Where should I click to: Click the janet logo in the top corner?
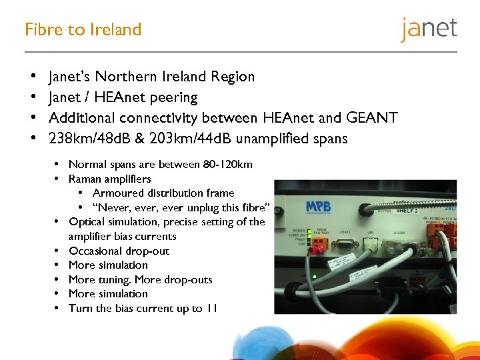(429, 29)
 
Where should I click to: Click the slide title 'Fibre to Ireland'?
(83, 30)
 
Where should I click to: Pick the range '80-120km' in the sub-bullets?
(229, 165)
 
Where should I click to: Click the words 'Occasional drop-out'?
(119, 251)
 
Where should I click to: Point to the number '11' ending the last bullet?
(211, 308)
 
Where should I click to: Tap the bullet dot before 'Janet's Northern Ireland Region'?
(33, 77)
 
